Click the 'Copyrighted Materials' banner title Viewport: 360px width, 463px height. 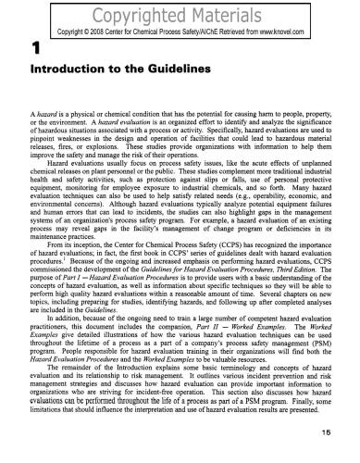[180, 13]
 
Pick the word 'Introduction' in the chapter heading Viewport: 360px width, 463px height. [55, 70]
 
